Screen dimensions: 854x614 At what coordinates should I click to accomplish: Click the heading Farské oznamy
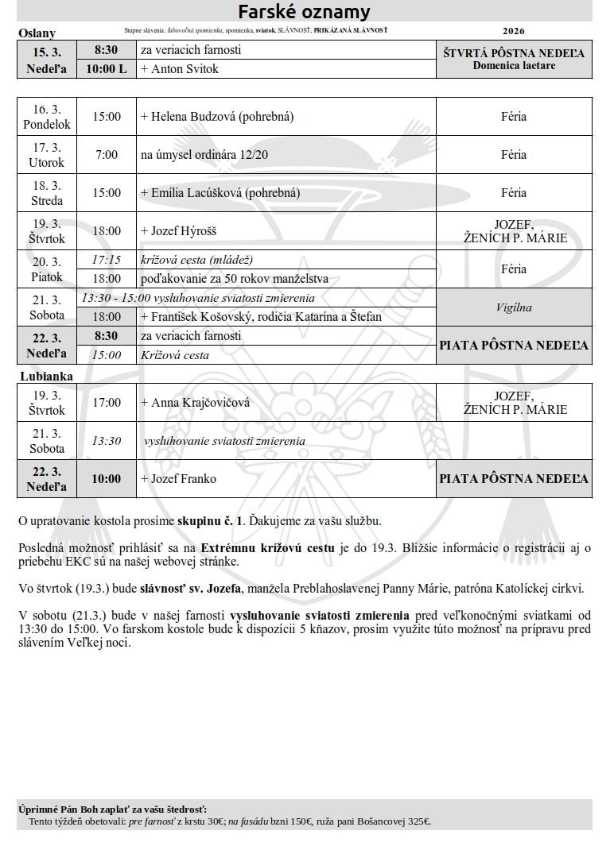[305, 12]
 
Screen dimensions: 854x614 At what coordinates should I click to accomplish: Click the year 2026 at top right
[514, 32]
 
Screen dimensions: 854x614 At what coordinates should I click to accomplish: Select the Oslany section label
[37, 33]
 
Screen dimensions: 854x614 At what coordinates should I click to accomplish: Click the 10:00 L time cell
[107, 69]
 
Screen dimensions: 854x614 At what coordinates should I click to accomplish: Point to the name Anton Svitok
[183, 69]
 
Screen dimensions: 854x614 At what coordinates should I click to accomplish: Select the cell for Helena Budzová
[217, 117]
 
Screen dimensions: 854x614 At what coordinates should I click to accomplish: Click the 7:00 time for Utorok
[107, 155]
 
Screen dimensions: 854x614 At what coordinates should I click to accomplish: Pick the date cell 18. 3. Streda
[47, 193]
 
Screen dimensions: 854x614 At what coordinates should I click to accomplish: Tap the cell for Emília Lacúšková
[220, 193]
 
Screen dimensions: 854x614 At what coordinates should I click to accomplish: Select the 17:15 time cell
[107, 260]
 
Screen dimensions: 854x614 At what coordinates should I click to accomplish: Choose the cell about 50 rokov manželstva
[235, 279]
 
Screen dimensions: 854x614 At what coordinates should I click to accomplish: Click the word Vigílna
[514, 307]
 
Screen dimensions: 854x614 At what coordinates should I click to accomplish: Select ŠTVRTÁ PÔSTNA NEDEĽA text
[514, 53]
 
